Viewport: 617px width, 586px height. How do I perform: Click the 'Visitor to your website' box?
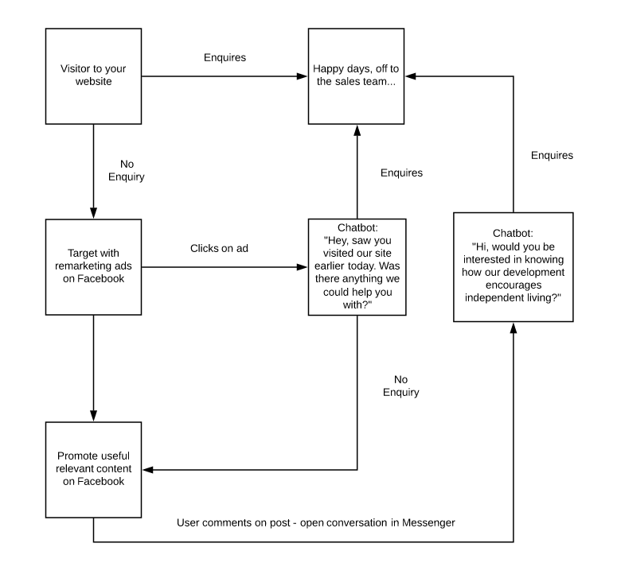tap(93, 76)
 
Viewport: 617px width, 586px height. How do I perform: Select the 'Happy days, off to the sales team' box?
tap(356, 76)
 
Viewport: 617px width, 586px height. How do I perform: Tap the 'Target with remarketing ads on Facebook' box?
tap(93, 267)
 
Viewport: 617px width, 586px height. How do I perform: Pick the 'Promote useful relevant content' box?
tap(93, 470)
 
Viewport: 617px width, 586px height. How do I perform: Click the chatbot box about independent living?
tap(514, 267)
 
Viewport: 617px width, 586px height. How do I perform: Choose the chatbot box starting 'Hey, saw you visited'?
tap(357, 267)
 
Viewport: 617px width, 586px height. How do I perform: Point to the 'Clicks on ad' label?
tap(219, 248)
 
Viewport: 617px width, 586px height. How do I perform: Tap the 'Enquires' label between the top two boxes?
tap(225, 57)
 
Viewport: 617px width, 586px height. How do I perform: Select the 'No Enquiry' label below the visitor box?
tap(127, 170)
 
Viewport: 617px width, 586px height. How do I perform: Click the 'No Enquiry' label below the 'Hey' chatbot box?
tap(401, 386)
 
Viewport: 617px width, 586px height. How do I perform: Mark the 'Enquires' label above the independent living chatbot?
tap(552, 155)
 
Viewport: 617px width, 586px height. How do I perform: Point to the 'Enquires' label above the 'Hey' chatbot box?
tap(401, 173)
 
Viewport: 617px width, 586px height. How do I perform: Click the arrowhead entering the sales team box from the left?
tap(303, 76)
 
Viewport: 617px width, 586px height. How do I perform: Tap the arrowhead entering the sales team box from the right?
tap(411, 76)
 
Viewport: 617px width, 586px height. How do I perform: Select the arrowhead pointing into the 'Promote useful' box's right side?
tap(147, 470)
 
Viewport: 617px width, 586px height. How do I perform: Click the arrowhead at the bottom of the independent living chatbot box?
tap(514, 328)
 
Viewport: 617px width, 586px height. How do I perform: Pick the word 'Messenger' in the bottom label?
tap(428, 522)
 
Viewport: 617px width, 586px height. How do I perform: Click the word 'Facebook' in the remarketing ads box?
tap(101, 278)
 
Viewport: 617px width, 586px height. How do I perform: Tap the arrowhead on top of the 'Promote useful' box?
tap(93, 416)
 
